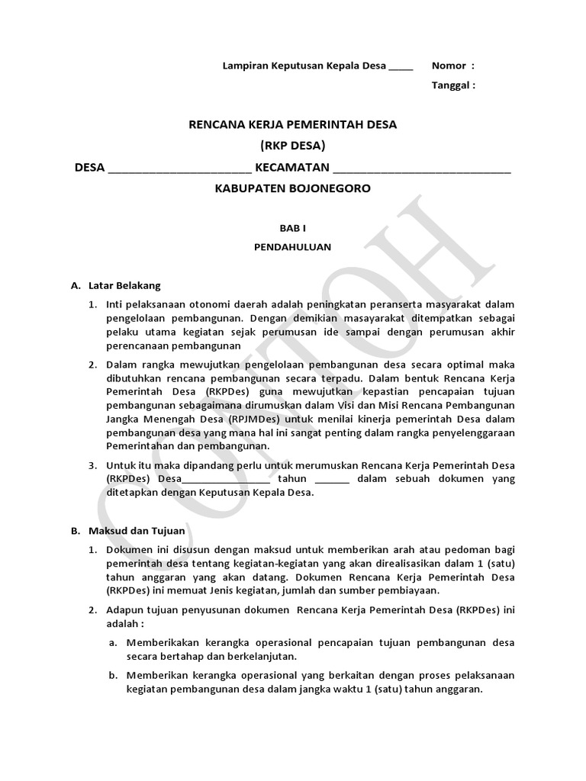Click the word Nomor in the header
point(448,66)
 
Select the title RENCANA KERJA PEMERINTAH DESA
point(293,124)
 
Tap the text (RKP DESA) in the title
point(293,146)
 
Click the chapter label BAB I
point(293,227)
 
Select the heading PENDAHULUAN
point(293,247)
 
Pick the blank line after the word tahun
point(332,480)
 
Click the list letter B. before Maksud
point(75,530)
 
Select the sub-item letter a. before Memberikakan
point(112,642)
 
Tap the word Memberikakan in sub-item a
point(165,642)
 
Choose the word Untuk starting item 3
point(121,465)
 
